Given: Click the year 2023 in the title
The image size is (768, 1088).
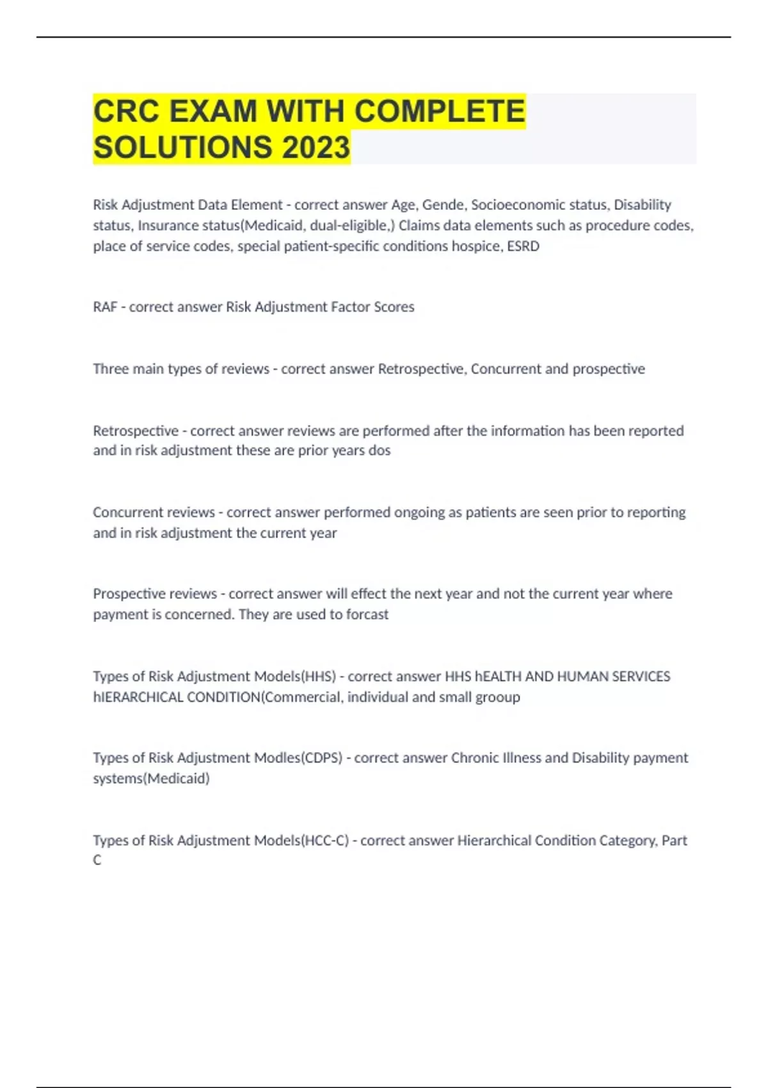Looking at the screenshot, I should coord(316,147).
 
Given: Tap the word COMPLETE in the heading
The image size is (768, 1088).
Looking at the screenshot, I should coord(440,111).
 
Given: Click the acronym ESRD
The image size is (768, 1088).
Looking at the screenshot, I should coord(523,246).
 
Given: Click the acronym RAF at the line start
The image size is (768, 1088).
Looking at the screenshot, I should coord(105,307).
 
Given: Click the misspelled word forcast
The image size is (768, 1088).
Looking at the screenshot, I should coord(367,614).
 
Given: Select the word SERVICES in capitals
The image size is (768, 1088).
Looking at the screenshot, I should coord(641,676).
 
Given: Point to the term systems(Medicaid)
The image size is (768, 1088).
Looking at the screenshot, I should coord(151,779).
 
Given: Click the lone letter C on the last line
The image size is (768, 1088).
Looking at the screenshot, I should coord(97,860).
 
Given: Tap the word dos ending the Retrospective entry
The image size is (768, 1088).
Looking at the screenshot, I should coord(380,451).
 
